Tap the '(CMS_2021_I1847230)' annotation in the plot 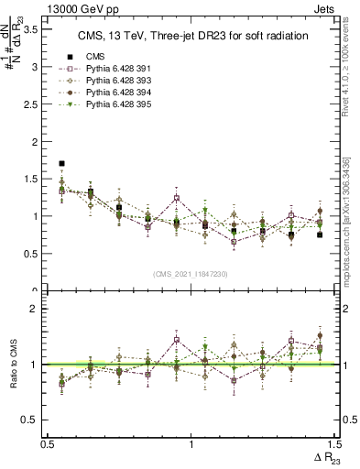[191, 274]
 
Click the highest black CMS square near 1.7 [61, 163]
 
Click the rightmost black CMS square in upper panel [320, 234]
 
